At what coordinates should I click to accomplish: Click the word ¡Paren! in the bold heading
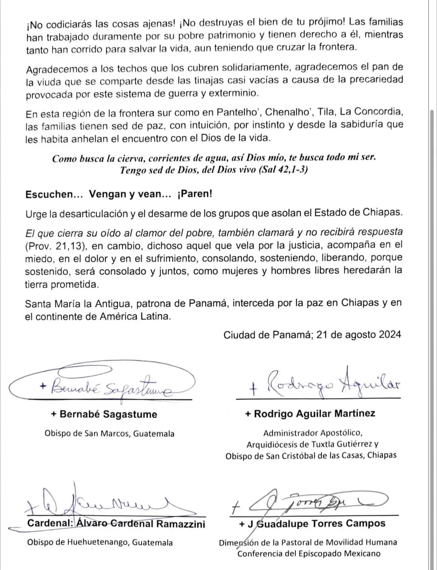coord(195,194)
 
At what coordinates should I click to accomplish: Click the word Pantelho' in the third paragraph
coord(238,112)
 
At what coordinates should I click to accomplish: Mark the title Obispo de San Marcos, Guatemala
coord(109,433)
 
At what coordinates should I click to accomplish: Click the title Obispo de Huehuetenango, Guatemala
coord(100,542)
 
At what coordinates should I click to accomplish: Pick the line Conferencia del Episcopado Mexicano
coord(309,553)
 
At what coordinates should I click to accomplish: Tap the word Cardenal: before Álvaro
coord(50,523)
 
